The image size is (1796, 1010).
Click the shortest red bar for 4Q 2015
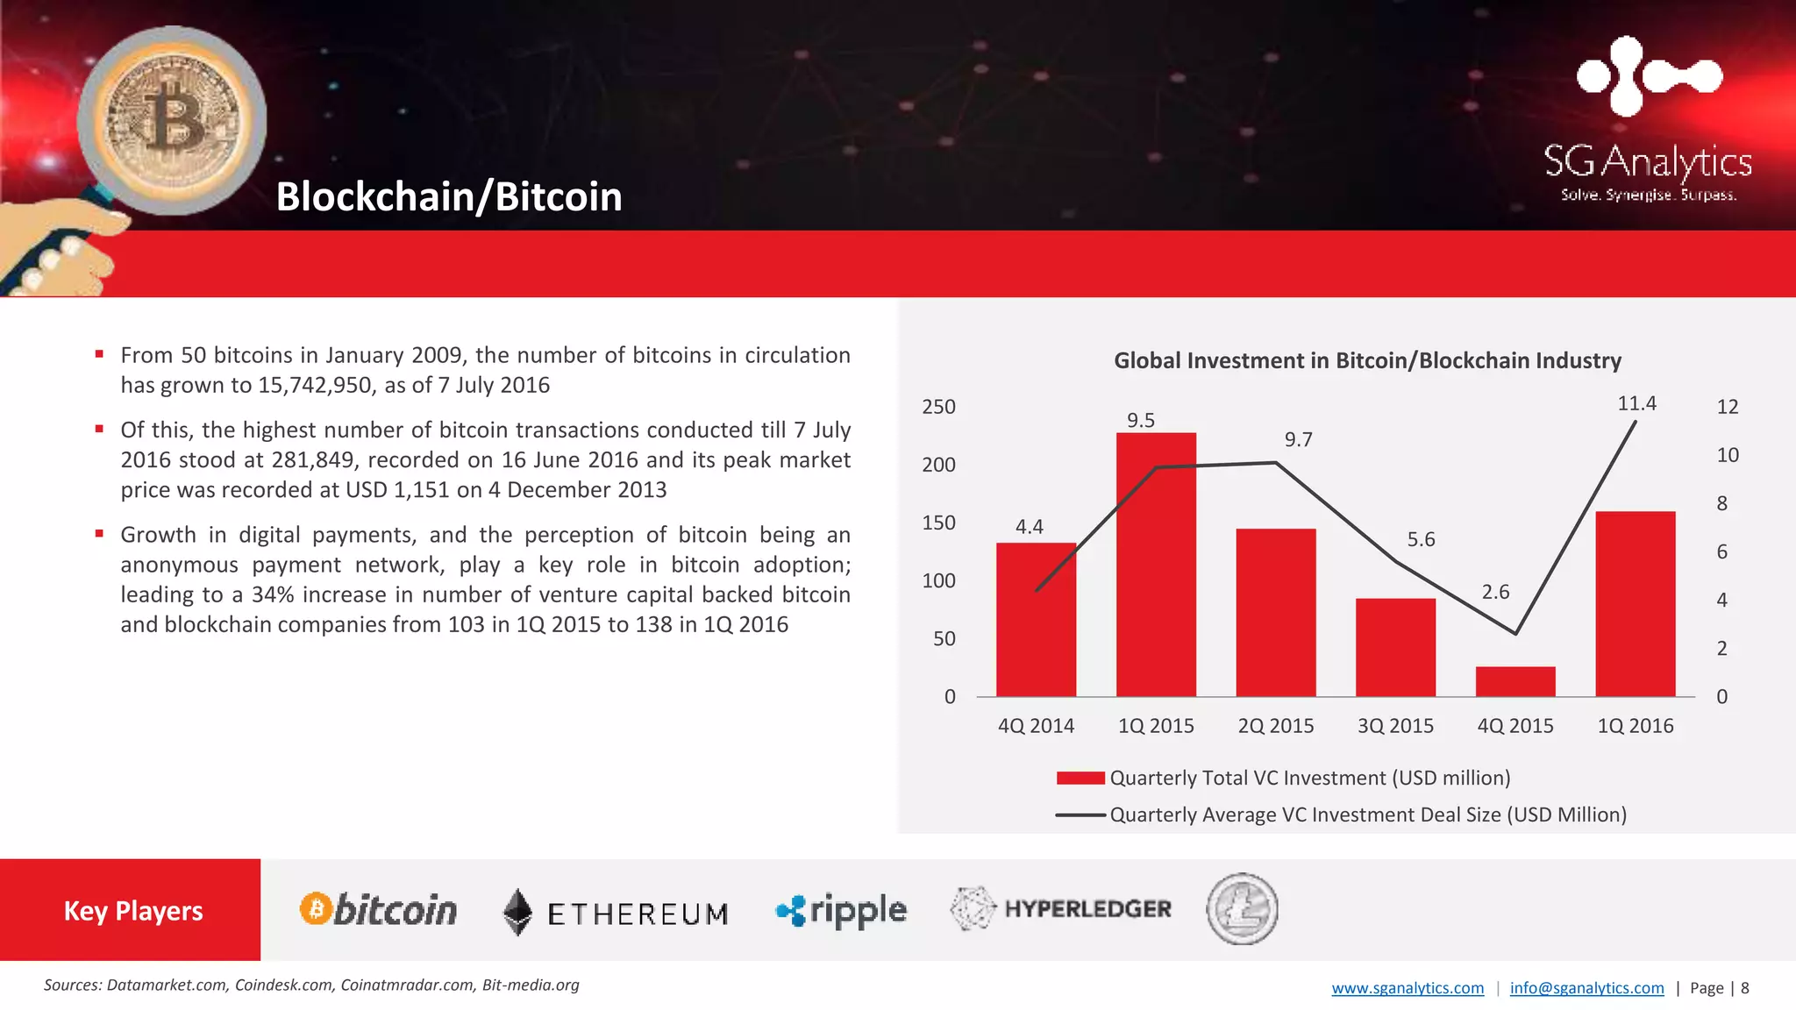[1515, 682]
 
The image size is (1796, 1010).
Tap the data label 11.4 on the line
[1636, 403]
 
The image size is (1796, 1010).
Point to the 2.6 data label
[1495, 592]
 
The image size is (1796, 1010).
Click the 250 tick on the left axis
[938, 407]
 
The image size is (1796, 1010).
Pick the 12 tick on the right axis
[1727, 407]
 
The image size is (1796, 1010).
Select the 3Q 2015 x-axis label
[1395, 726]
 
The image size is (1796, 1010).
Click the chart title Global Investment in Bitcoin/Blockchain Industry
[1367, 360]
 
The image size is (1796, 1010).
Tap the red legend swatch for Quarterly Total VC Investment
[1080, 778]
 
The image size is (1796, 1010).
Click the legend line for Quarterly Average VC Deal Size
[1080, 814]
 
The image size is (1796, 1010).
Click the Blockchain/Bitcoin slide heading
[449, 196]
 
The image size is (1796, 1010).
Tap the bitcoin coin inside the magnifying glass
[172, 119]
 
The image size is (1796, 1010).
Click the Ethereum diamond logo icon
[517, 912]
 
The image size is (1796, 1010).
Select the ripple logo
[842, 911]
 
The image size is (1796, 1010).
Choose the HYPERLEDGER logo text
[1087, 909]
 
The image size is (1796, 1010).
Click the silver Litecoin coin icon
[1242, 909]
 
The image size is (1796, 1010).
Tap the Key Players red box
[132, 910]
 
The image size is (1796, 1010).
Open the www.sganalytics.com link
[1408, 988]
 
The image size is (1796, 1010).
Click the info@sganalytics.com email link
[1586, 988]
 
